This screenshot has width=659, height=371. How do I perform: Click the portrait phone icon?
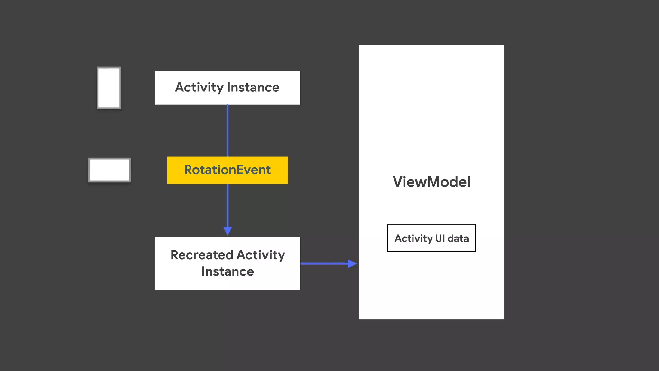coord(109,88)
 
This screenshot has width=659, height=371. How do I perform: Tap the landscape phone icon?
coord(110,170)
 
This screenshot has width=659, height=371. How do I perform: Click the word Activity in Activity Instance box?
coord(199,88)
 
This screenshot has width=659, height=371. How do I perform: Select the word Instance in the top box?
coord(253,88)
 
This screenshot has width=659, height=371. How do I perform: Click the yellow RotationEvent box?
coord(227,170)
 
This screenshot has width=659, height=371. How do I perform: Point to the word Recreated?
coord(201,255)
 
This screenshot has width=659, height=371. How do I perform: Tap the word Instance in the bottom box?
coord(227,271)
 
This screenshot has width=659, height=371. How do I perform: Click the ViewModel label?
coord(432,182)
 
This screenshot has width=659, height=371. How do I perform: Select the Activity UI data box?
coord(431,238)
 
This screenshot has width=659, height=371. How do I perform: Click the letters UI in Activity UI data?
coord(440,238)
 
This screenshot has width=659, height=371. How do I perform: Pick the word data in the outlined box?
coord(458,238)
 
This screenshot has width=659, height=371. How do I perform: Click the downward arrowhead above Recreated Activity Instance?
coord(227,231)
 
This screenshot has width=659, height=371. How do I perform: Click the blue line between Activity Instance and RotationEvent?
coord(227,130)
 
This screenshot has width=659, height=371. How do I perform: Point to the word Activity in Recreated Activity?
coord(261,255)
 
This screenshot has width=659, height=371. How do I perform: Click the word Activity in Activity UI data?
coord(413,238)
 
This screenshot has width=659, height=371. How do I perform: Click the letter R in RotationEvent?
coord(188,170)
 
